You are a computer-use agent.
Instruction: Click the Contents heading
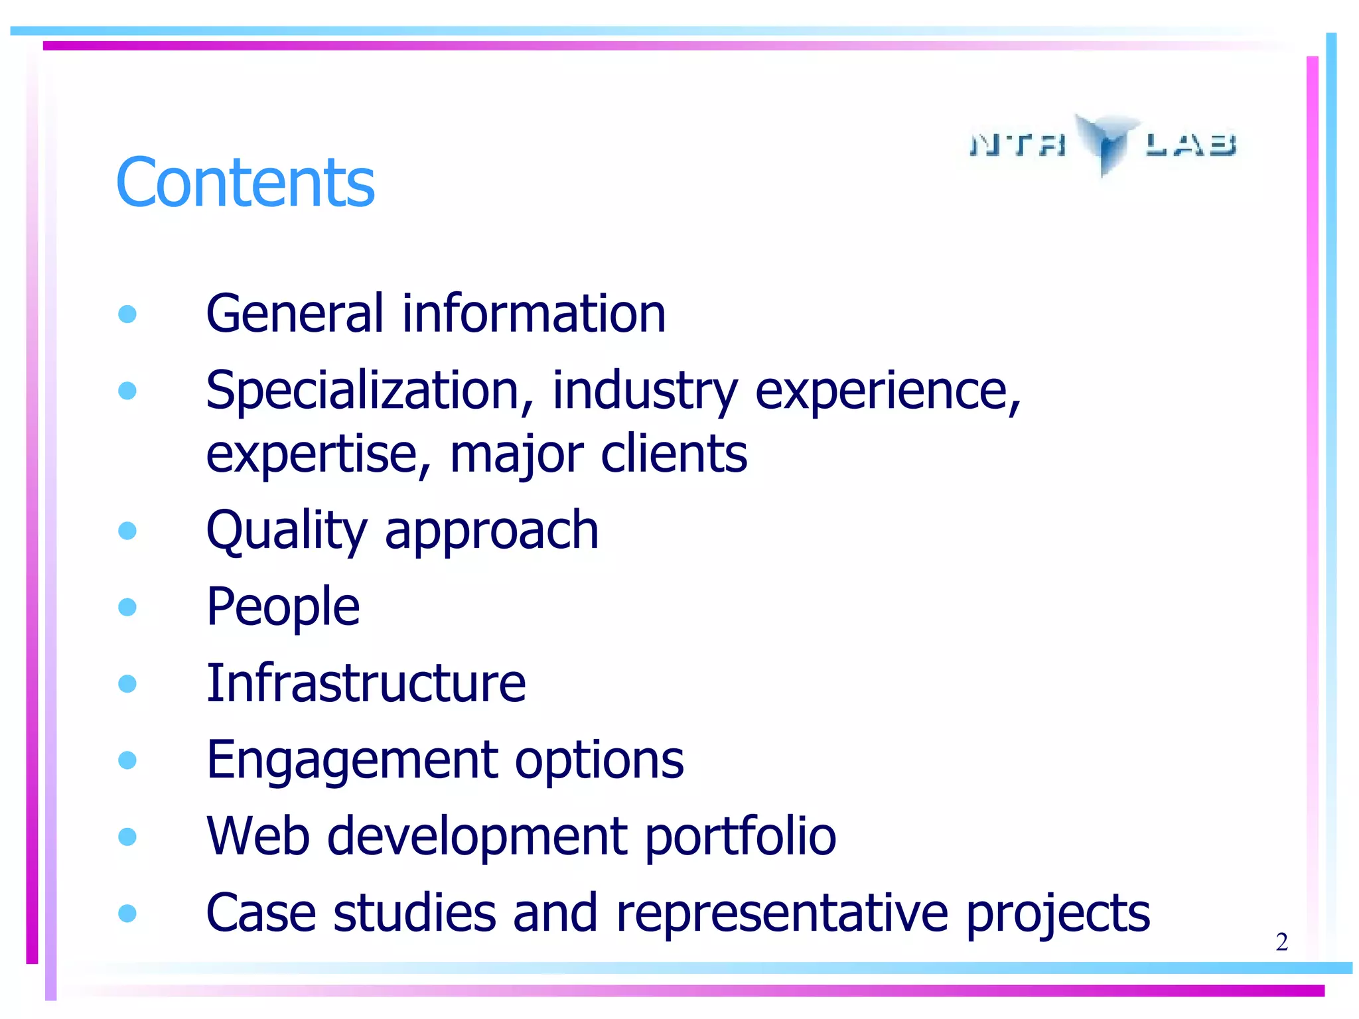(245, 182)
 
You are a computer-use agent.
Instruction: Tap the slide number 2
(1281, 942)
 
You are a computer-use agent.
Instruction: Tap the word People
(283, 607)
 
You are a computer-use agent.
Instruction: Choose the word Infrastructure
(366, 683)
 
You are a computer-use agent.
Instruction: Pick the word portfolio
(740, 837)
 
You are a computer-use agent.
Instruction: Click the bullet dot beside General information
(127, 314)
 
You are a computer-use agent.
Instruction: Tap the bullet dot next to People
(127, 607)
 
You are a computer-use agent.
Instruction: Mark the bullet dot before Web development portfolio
(127, 837)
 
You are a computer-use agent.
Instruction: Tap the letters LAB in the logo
(1191, 144)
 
